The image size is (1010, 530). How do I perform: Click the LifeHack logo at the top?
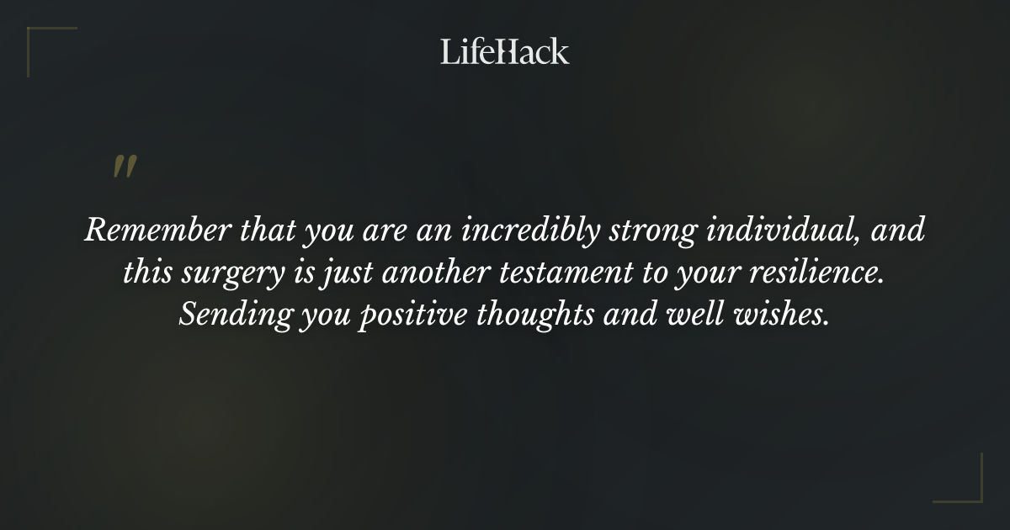tap(505, 51)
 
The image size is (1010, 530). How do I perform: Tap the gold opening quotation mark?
tap(125, 167)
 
